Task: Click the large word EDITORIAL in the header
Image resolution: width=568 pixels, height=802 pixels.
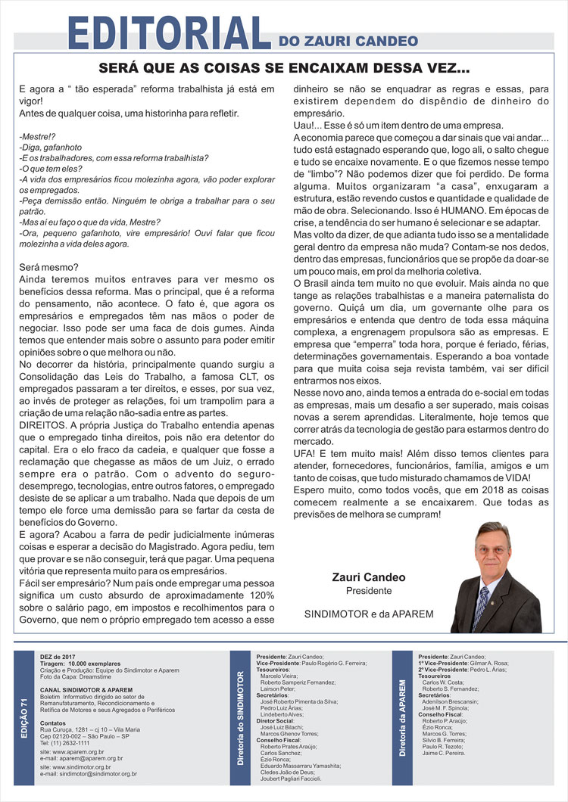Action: [x=168, y=32]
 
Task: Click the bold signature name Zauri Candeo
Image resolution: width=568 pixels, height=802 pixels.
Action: [x=369, y=577]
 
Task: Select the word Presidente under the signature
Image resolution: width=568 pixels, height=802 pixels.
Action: [x=369, y=590]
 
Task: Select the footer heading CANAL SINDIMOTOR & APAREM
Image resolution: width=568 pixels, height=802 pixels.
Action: [x=86, y=690]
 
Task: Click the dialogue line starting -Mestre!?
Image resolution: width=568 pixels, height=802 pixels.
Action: [x=34, y=136]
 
